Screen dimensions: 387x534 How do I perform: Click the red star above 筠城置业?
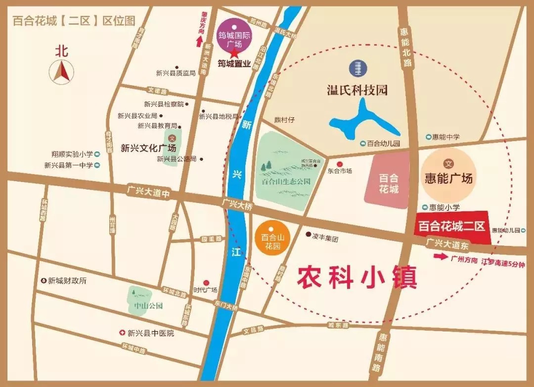tap(234, 53)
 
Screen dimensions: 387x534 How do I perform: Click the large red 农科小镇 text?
tap(357, 278)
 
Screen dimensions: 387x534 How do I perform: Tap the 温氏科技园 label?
tap(357, 90)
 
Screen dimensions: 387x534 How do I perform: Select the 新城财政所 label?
tap(67, 281)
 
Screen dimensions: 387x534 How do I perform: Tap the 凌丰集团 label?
tap(325, 238)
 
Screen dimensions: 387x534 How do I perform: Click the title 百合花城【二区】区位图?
tap(74, 21)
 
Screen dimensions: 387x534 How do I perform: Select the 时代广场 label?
tap(205, 290)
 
